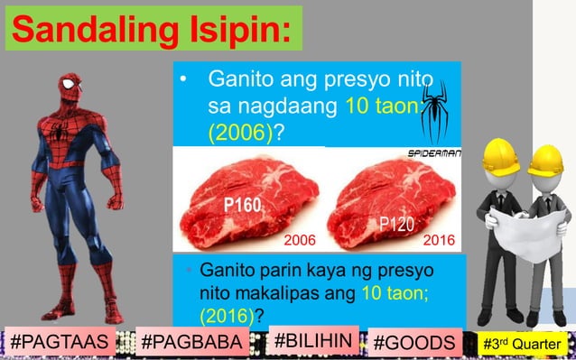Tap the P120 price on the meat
tap(397, 223)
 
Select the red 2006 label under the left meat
tap(300, 241)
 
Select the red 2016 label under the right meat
tap(440, 241)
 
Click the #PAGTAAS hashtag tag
tap(62, 342)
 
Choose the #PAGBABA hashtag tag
tap(192, 342)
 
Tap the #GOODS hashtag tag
tap(414, 342)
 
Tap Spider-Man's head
tap(71, 90)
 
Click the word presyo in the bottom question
tap(399, 271)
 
